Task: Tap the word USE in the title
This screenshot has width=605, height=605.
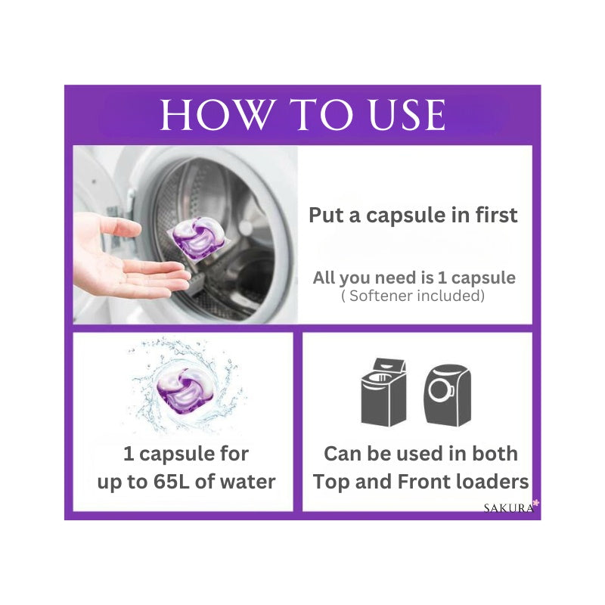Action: point(408,115)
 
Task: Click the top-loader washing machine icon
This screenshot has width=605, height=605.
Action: point(383,392)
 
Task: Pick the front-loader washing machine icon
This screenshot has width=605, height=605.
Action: point(447,395)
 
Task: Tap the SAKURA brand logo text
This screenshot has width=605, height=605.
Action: point(508,507)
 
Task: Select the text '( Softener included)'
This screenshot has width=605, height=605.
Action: point(413,296)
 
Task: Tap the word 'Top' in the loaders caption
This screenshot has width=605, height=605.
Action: point(332,482)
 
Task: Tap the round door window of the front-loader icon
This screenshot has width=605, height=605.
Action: point(439,389)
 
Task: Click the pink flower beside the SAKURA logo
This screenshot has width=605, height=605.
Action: point(536,503)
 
